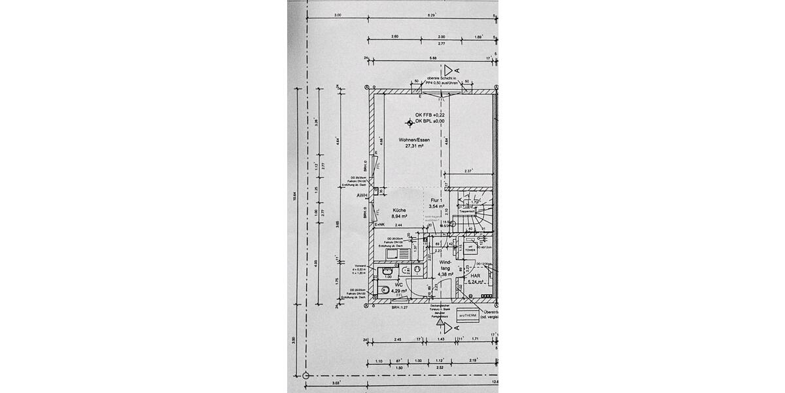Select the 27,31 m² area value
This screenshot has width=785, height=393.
point(414,147)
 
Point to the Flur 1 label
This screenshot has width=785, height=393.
point(436,200)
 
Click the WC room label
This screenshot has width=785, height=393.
point(397,285)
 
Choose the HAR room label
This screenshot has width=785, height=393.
point(476,276)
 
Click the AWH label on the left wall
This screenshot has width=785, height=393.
point(361,195)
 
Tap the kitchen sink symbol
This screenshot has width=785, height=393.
point(394,253)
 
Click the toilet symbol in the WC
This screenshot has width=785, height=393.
point(385,291)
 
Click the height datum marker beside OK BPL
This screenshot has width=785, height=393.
point(410,122)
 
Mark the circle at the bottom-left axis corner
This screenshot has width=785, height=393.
point(305,376)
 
